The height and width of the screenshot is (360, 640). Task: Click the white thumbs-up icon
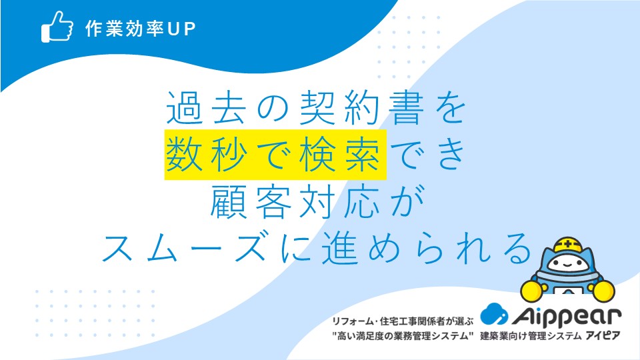point(57,27)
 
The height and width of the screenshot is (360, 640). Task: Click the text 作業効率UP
point(141,29)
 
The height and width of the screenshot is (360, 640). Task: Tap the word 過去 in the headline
point(207,108)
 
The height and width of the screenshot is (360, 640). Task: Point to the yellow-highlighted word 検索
point(341,155)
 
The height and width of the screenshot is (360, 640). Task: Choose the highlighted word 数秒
point(207,155)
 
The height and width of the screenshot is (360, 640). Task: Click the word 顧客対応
point(295,201)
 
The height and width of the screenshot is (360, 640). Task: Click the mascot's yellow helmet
point(567,245)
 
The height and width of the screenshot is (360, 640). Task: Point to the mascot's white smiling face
point(568,263)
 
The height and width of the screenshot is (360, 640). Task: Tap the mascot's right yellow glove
point(603,291)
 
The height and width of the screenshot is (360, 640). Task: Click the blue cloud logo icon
point(494,314)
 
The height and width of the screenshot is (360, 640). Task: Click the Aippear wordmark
point(567,316)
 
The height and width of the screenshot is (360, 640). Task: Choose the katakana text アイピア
point(603,336)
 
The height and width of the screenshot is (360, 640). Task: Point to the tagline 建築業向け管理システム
point(531,336)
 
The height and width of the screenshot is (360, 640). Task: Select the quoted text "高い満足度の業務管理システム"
point(403,336)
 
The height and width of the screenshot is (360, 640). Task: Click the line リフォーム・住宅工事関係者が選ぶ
point(403,321)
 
